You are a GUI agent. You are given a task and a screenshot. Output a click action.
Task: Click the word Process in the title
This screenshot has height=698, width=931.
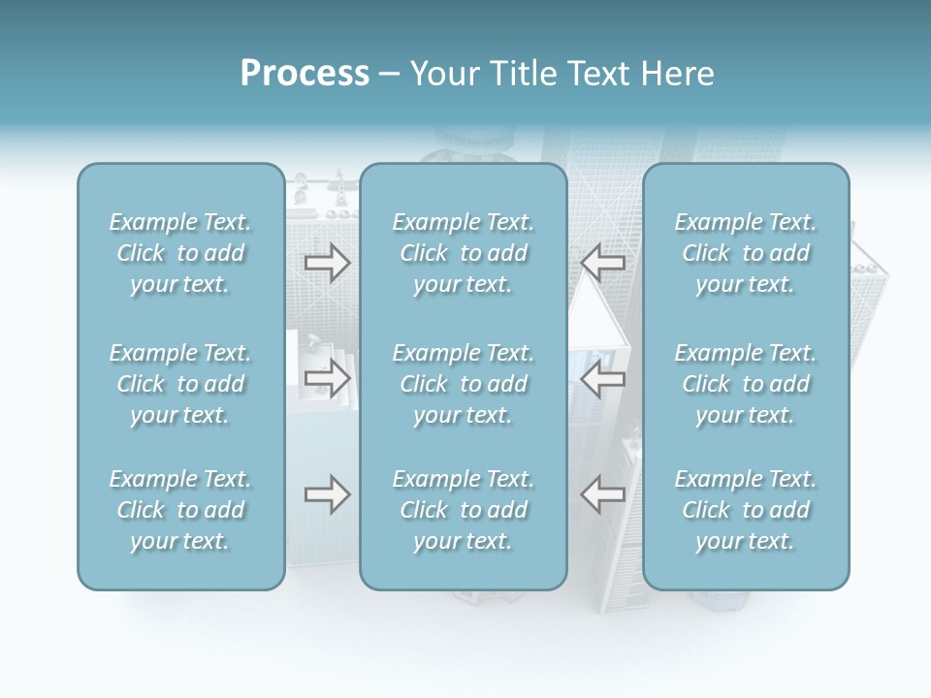coord(305,74)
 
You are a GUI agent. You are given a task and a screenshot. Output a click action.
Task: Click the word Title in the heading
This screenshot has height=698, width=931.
coord(523,74)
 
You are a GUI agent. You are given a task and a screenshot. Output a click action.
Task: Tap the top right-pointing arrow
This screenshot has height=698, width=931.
coord(327,263)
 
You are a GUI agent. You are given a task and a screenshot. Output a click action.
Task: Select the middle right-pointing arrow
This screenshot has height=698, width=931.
coord(327,378)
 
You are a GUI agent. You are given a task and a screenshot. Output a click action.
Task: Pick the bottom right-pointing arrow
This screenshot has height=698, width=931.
coord(327,495)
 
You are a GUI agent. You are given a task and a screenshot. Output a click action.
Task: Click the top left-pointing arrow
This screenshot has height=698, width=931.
coord(602,263)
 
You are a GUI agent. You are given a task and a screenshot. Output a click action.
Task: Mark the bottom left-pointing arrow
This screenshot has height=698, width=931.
coord(602,495)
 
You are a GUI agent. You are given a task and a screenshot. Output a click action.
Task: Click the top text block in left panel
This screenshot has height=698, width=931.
coord(180,253)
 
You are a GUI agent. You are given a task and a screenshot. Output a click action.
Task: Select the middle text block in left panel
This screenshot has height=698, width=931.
coord(180,384)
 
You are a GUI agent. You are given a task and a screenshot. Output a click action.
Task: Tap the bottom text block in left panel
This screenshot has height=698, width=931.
coord(180,510)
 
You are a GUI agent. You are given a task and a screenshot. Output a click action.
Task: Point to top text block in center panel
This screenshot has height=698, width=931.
coord(463,253)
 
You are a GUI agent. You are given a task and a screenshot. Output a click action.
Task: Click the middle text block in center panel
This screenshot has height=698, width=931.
coord(463,384)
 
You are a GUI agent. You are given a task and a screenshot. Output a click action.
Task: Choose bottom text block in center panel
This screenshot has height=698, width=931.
coord(463,510)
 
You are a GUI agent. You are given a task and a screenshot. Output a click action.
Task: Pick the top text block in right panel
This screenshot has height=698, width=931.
coord(745,253)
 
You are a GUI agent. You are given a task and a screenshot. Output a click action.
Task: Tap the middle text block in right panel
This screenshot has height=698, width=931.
coord(745,384)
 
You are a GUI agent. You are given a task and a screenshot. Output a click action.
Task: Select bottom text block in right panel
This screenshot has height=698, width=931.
coord(745,510)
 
